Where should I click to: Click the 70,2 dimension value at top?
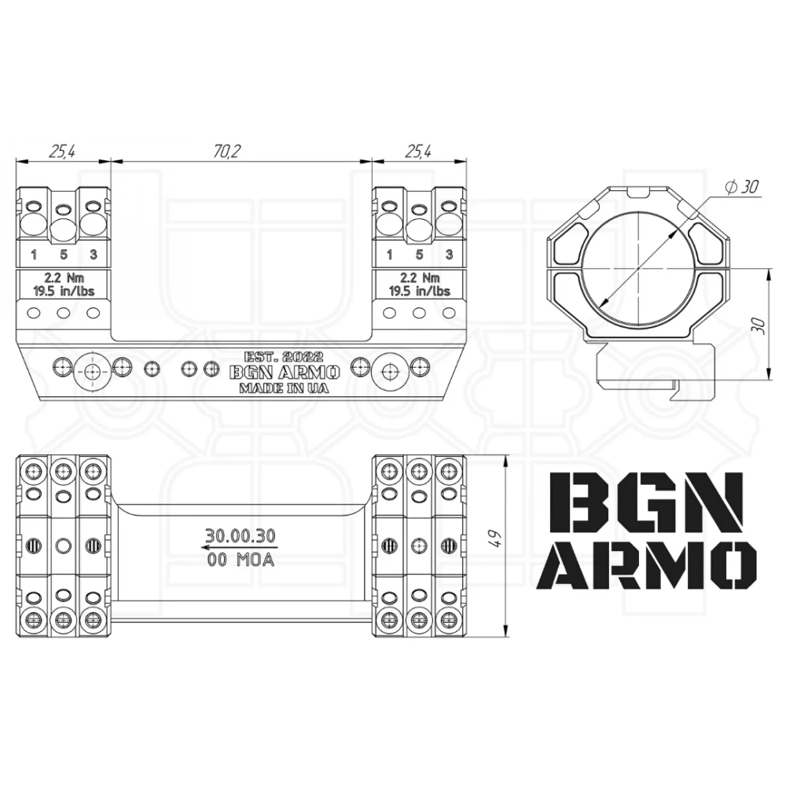[x=227, y=151]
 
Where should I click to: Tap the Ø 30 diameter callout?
[x=742, y=187]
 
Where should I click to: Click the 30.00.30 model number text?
[x=241, y=536]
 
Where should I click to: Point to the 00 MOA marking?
[x=241, y=560]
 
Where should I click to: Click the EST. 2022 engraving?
[x=284, y=357]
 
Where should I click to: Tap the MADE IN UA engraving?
[x=285, y=388]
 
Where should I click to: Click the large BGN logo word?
[x=645, y=504]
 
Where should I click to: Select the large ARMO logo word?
[x=647, y=565]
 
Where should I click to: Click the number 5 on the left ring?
[x=64, y=255]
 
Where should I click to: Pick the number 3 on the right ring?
[x=449, y=255]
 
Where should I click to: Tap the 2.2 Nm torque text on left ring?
[x=64, y=277]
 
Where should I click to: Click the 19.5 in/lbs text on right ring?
[x=420, y=292]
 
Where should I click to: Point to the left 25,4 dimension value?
[x=62, y=151]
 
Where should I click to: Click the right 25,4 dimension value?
[x=418, y=151]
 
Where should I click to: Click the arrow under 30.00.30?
[x=241, y=547]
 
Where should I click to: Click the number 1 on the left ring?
[x=34, y=255]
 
